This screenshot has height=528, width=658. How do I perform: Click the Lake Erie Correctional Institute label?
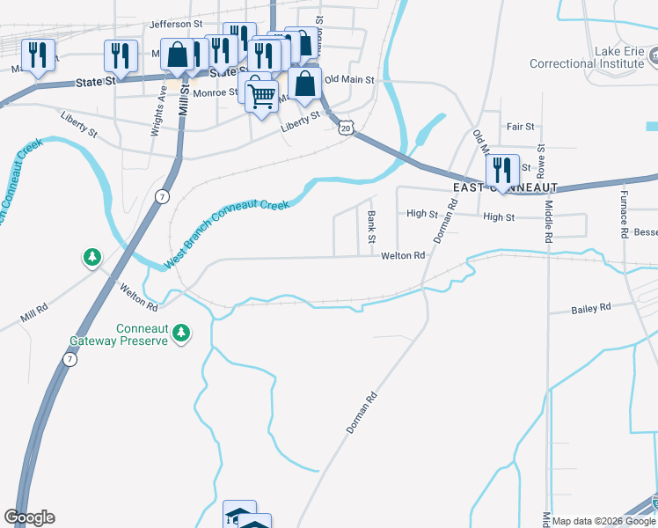[587, 57]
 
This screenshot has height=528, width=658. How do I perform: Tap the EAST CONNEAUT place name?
[506, 188]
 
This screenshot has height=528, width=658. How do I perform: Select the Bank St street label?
[371, 227]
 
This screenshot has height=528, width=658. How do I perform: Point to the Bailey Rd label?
[590, 309]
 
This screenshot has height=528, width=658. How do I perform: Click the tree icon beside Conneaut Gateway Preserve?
[180, 333]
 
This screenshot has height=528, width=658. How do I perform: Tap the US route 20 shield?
[346, 128]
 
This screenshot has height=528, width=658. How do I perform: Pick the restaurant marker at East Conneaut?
[501, 169]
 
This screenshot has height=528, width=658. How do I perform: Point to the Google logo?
[29, 517]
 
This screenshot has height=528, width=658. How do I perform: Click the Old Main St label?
[349, 79]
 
